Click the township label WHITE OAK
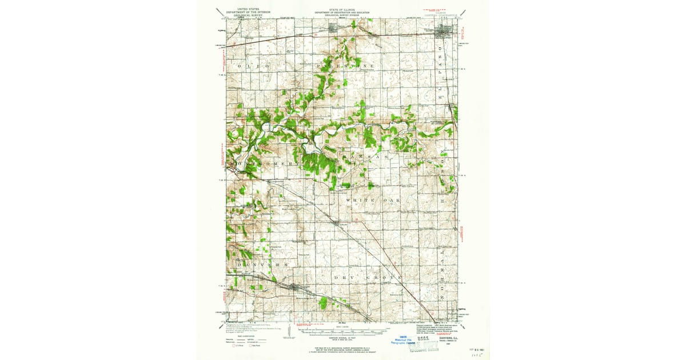(370, 201)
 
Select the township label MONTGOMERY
(264, 164)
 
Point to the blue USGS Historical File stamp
(404, 339)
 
